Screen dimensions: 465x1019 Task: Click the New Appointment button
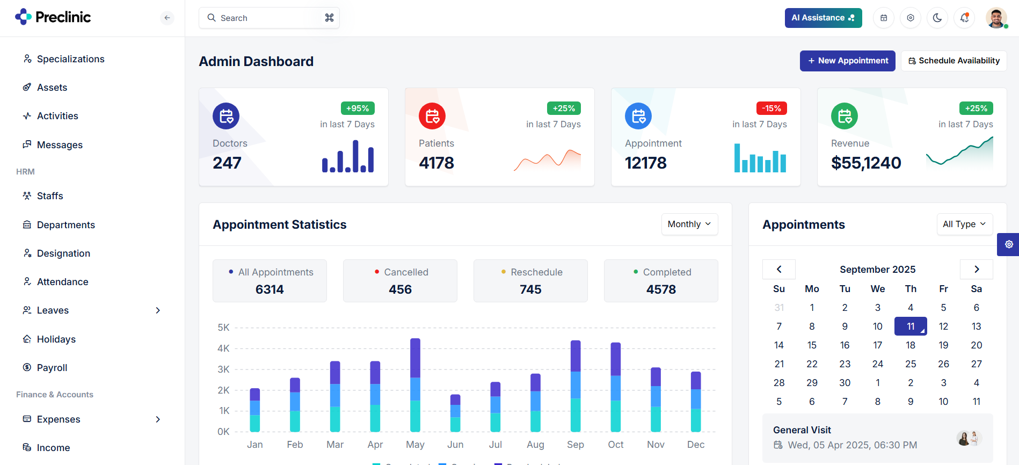(847, 61)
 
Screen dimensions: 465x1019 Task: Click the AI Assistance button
(823, 18)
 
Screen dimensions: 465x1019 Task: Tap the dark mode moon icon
(937, 18)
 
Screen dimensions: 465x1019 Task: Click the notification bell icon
(964, 18)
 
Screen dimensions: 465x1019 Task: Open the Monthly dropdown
(689, 224)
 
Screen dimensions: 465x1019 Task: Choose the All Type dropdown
(964, 224)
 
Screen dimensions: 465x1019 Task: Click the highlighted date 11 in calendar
(911, 326)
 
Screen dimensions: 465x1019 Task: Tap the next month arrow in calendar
(976, 269)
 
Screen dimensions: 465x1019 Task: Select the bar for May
(415, 384)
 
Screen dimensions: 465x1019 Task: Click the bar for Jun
(455, 413)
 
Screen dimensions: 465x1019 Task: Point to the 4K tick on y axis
(223, 348)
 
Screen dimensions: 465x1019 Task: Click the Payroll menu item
(52, 368)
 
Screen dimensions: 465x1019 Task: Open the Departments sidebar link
(65, 225)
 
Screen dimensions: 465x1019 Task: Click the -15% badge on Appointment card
(771, 108)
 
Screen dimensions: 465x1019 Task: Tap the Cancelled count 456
(400, 289)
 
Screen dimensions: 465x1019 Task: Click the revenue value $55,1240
(866, 163)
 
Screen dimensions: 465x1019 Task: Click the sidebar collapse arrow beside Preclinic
(167, 18)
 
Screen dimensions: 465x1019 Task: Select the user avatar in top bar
(996, 18)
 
